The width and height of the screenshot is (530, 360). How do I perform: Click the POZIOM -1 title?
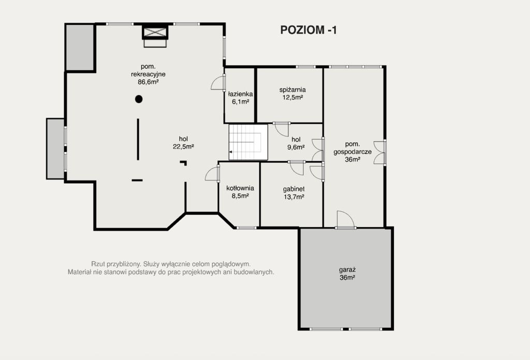tap(308, 30)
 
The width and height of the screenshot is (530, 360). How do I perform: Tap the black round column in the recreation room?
tap(139, 99)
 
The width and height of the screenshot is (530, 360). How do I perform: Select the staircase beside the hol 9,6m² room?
tap(248, 142)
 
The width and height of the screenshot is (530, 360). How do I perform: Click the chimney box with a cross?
tap(155, 33)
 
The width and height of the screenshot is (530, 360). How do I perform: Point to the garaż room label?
tap(347, 270)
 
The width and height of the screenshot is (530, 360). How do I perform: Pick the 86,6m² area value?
tap(148, 82)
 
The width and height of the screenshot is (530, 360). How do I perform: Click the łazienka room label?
tap(240, 94)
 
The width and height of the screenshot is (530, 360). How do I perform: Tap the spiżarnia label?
tap(292, 90)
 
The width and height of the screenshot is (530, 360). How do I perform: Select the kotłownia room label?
tap(240, 188)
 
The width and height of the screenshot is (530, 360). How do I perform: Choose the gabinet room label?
tap(294, 189)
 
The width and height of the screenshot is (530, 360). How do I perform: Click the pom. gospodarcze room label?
tap(352, 148)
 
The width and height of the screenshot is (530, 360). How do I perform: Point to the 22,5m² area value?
tap(183, 146)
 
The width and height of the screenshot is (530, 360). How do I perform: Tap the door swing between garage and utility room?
tap(345, 219)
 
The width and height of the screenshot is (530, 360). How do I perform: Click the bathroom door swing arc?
tap(217, 83)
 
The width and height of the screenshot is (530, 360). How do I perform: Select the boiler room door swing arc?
tap(212, 174)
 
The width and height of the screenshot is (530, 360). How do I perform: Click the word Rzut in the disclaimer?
tap(97, 264)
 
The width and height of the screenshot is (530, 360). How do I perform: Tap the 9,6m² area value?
tap(296, 147)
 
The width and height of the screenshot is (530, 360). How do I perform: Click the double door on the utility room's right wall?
tap(380, 152)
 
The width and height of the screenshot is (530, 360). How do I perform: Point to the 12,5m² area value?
tap(292, 98)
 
